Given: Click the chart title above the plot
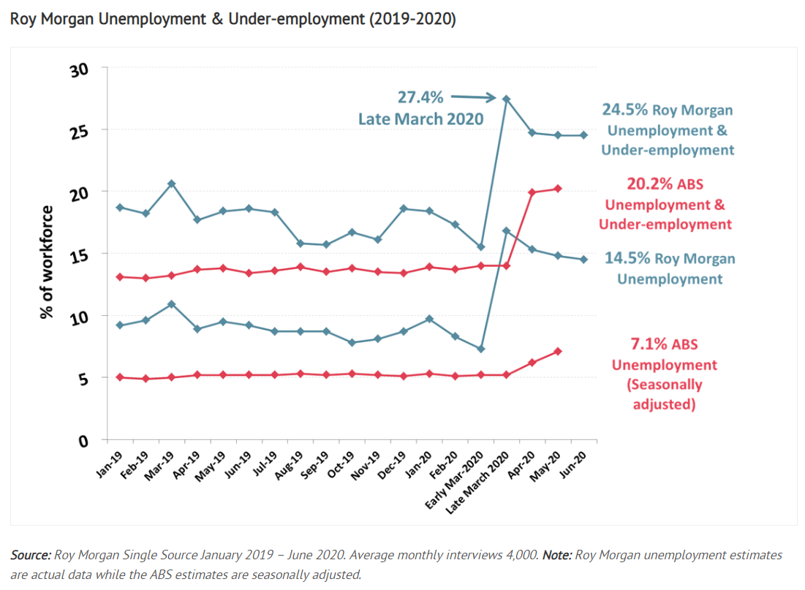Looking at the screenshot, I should (x=233, y=20).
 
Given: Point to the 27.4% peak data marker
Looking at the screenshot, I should (x=506, y=99).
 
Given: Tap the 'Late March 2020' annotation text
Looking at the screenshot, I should (x=420, y=118).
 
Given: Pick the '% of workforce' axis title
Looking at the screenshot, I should (x=48, y=262).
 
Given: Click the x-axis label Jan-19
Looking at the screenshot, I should (x=110, y=464).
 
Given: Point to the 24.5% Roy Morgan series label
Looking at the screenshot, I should (x=667, y=129).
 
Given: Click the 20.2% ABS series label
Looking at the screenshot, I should (x=665, y=204).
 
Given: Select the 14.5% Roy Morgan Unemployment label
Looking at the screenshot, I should (x=669, y=268).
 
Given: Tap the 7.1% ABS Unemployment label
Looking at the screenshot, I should (x=664, y=374).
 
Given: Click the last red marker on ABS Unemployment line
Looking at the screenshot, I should (x=557, y=352).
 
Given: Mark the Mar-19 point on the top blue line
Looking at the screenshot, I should (x=172, y=184).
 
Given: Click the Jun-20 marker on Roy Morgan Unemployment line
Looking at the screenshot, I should (x=583, y=260).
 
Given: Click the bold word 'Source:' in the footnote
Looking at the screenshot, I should (x=31, y=556).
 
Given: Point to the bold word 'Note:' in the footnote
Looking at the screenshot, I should (x=558, y=556).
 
